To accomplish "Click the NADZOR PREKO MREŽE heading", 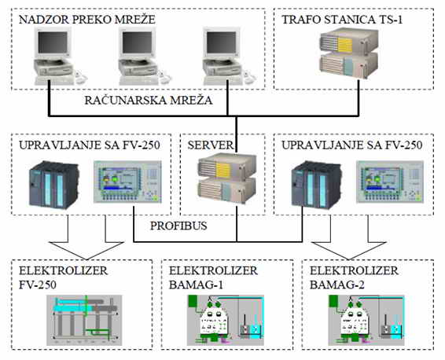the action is pyautogui.click(x=86, y=20).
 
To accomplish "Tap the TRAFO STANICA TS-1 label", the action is pyautogui.click(x=342, y=20).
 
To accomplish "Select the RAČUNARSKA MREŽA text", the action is pyautogui.click(x=149, y=100).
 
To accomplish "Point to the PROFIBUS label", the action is pyautogui.click(x=178, y=226).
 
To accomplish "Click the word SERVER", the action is pyautogui.click(x=210, y=145).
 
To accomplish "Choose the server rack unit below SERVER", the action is pyautogui.click(x=226, y=178).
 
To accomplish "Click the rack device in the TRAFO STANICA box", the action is pyautogui.click(x=349, y=53).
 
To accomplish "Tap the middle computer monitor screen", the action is pyautogui.click(x=137, y=42).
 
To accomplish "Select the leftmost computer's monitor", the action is pyautogui.click(x=53, y=42).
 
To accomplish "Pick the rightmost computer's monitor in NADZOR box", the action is pyautogui.click(x=221, y=42).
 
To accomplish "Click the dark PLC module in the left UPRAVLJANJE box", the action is pyautogui.click(x=54, y=185).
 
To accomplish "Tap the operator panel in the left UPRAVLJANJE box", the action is pyautogui.click(x=127, y=182).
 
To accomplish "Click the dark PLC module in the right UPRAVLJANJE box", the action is pyautogui.click(x=316, y=185).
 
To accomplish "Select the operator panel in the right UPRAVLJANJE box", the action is pyautogui.click(x=390, y=182).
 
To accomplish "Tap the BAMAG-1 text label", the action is pyautogui.click(x=196, y=285).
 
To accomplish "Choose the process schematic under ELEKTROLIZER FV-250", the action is pyautogui.click(x=84, y=320).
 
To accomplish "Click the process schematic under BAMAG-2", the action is pyautogui.click(x=366, y=320).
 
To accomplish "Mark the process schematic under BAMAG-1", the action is pyautogui.click(x=226, y=320).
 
